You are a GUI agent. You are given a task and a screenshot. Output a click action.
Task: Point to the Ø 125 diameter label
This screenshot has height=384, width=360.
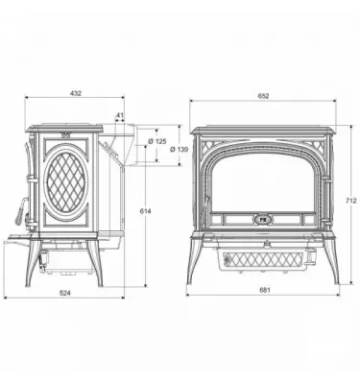[163, 141]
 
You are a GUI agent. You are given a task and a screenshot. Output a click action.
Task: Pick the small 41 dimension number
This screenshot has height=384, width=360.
[120, 116]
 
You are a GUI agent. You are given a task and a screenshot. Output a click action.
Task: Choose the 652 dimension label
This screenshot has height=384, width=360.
[264, 93]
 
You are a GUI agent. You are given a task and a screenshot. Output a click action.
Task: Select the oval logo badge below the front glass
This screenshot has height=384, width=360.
[263, 219]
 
